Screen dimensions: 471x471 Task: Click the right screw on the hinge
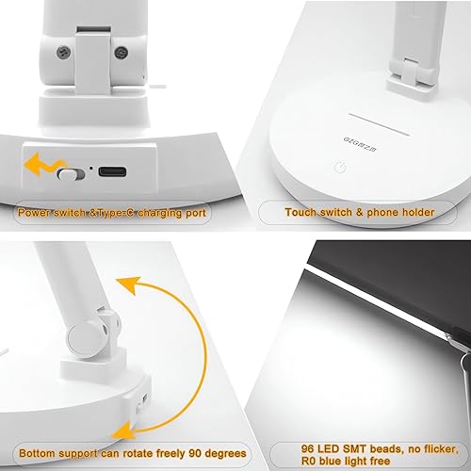[x=120, y=55]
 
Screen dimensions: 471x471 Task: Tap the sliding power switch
[x=67, y=173]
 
